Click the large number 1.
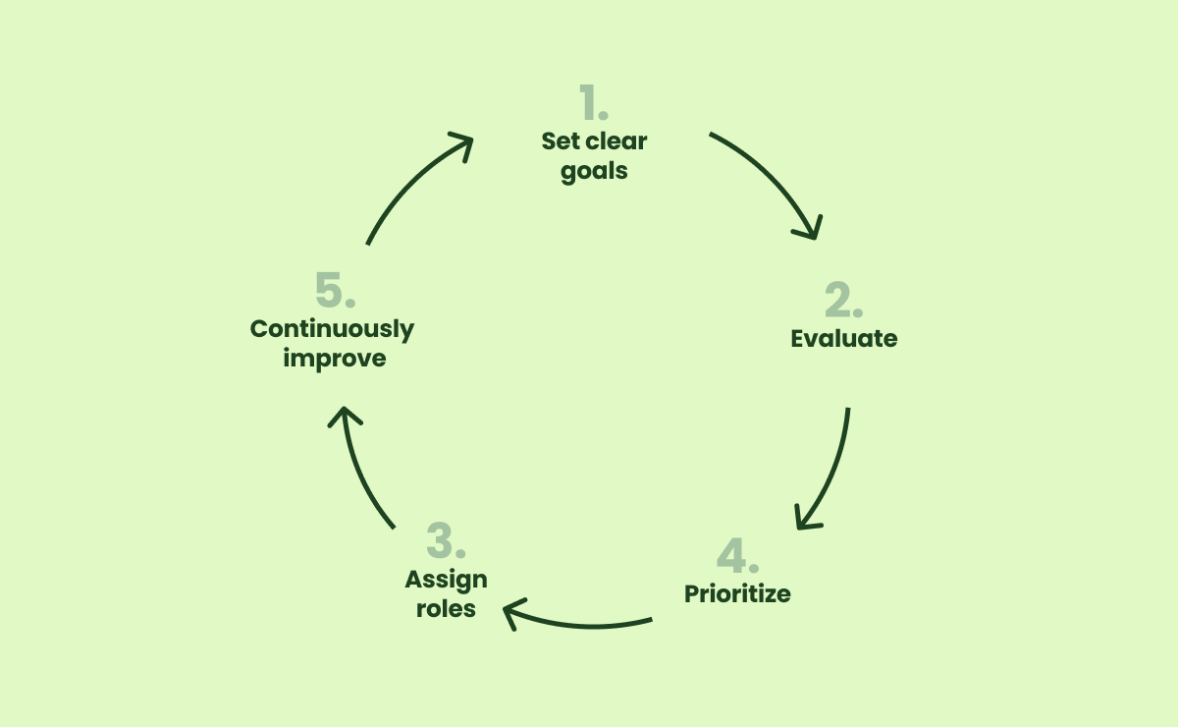pyautogui.click(x=592, y=103)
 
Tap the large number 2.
pyautogui.click(x=843, y=301)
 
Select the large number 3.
pyautogui.click(x=445, y=542)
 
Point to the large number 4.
pyautogui.click(x=737, y=557)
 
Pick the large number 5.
pyautogui.click(x=335, y=291)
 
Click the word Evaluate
pyautogui.click(x=844, y=339)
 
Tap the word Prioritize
pyautogui.click(x=737, y=594)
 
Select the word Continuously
pyautogui.click(x=333, y=329)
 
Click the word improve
pyautogui.click(x=335, y=359)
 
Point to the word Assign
pyautogui.click(x=446, y=580)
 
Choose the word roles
pyautogui.click(x=446, y=609)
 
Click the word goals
pyautogui.click(x=594, y=171)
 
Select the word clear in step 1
pyautogui.click(x=616, y=141)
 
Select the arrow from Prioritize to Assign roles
pyautogui.click(x=579, y=623)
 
